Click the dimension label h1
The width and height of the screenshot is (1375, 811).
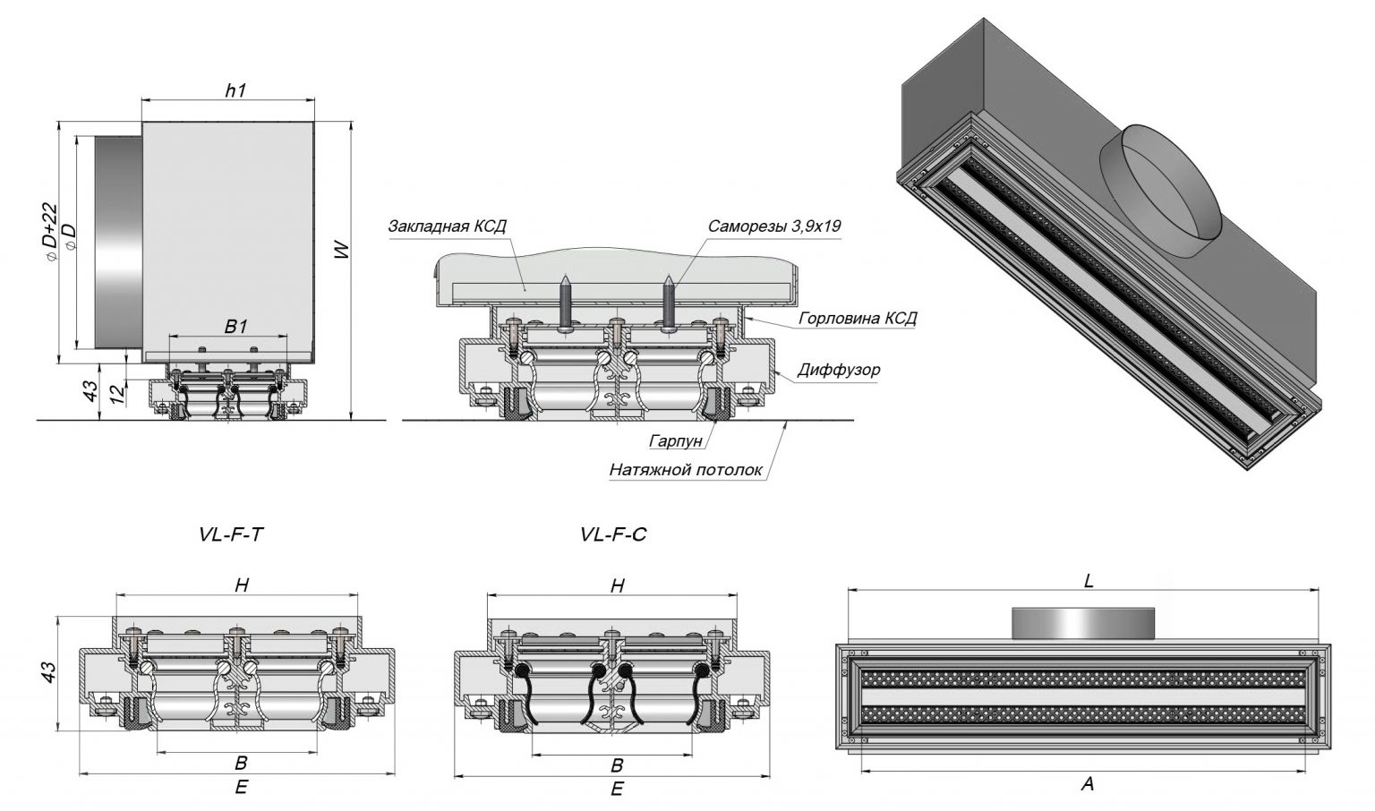coord(235,90)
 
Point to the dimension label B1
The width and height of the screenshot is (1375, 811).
coord(235,327)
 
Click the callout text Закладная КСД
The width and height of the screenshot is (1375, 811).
coord(448,226)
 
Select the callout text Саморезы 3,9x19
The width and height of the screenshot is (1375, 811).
coord(773,226)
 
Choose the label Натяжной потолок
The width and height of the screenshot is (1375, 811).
coord(686,469)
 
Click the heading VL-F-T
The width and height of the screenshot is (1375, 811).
coord(232,534)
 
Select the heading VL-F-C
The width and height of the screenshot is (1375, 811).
coord(613,534)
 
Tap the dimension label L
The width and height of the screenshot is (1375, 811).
coord(1089,581)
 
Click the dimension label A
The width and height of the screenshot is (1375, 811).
coord(1088,784)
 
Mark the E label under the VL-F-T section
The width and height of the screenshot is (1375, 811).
coord(241,787)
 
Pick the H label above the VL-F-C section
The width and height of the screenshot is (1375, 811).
coord(617,586)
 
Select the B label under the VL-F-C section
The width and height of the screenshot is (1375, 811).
coord(617,765)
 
